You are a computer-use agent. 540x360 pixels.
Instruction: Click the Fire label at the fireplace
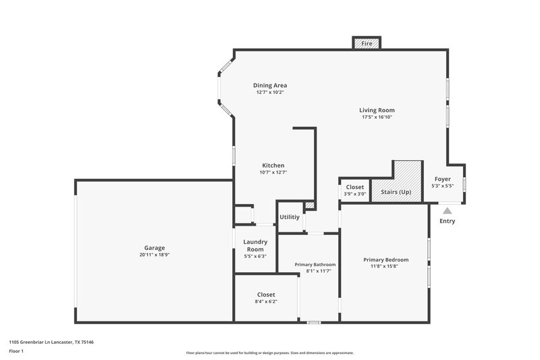point(367,43)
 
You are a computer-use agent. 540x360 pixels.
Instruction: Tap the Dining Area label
point(270,85)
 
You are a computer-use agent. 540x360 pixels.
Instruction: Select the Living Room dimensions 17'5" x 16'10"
point(377,117)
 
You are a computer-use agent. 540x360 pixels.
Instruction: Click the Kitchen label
point(273,165)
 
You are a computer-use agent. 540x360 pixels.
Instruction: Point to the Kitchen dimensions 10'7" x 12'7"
point(273,172)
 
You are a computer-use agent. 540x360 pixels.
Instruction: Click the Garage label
point(155,247)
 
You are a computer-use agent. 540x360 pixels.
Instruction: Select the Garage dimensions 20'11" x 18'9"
point(155,255)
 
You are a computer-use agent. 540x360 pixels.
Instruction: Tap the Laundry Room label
point(255,245)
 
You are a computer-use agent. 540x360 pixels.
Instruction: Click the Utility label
point(290,217)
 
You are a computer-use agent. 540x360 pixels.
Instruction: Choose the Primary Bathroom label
point(315,264)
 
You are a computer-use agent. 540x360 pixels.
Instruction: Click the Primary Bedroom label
point(386,259)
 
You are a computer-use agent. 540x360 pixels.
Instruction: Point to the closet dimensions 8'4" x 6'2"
point(266,301)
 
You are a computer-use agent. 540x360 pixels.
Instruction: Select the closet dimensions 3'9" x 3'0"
point(354,195)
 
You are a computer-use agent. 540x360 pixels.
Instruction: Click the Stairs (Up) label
point(396,192)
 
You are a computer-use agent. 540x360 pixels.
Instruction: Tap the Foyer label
point(443,179)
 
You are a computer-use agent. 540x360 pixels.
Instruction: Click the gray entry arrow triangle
point(447,211)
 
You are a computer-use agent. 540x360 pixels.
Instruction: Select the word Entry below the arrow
point(447,221)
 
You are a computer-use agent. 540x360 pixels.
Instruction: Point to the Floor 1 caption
point(16,351)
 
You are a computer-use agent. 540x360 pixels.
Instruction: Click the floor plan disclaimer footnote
point(270,353)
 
